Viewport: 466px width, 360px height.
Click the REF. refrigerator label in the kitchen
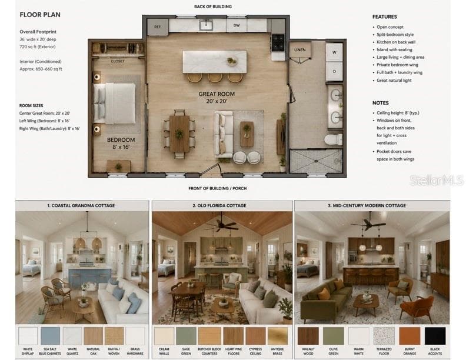tap(158, 26)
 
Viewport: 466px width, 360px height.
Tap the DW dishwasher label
tap(237, 25)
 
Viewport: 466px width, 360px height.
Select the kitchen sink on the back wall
tap(206, 25)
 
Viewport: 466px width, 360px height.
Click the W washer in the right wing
tap(334, 52)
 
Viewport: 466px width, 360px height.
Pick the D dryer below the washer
tap(334, 72)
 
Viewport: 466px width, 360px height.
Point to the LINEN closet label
tap(300, 49)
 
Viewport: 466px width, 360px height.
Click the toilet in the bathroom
tap(333, 139)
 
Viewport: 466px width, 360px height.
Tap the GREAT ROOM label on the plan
tap(217, 94)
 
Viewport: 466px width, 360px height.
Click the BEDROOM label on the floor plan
tap(121, 139)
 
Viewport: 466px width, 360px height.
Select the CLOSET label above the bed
tap(118, 61)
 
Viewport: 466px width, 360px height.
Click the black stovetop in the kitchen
tap(278, 43)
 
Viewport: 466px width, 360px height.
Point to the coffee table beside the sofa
tap(247, 134)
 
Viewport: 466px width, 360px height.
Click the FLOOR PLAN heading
tap(40, 15)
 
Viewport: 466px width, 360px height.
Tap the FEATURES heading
tap(385, 17)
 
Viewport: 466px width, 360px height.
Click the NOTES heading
tap(381, 103)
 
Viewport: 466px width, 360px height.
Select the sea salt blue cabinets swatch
tap(50, 336)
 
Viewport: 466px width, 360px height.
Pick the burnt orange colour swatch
tap(410, 336)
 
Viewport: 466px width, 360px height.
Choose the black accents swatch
tap(435, 336)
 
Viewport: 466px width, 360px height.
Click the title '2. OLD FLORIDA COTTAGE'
tap(219, 205)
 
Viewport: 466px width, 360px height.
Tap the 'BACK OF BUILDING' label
tap(213, 6)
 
